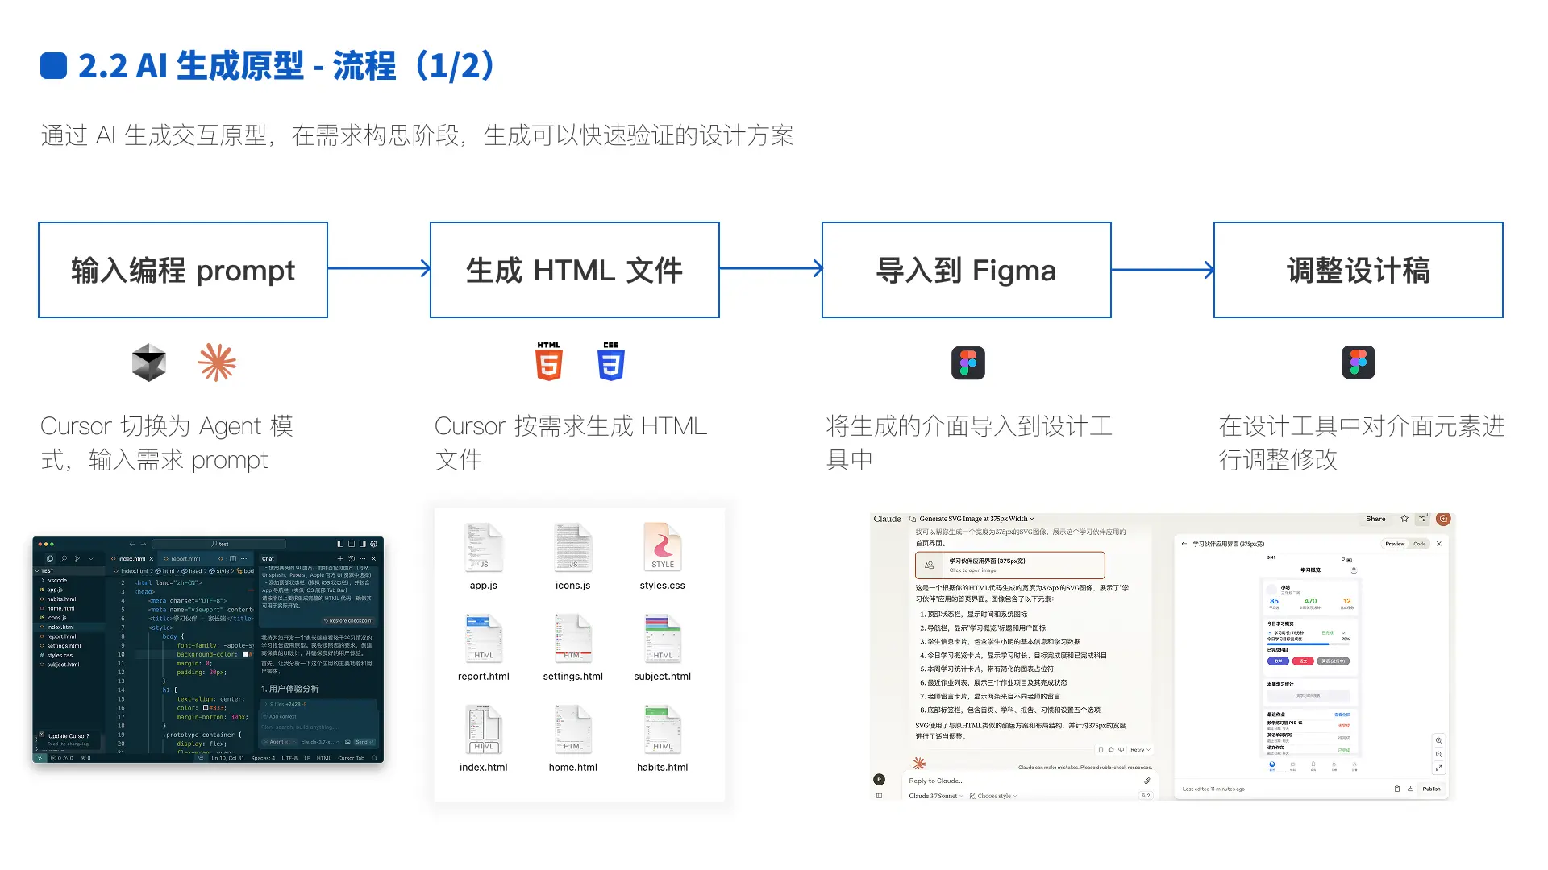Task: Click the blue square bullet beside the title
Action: (x=53, y=66)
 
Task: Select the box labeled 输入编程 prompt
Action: (x=183, y=270)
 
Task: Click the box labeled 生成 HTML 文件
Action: (x=574, y=270)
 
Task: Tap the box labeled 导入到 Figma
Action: (x=966, y=270)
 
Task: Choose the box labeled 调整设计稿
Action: (x=1358, y=270)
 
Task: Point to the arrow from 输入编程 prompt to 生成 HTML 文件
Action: (x=379, y=268)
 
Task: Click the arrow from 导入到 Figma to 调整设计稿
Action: (x=1162, y=270)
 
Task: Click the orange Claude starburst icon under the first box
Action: (x=217, y=362)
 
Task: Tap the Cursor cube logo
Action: (x=149, y=362)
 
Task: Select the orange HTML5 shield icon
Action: (x=549, y=362)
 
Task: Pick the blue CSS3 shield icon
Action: (x=611, y=362)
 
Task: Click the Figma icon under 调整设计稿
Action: (x=1358, y=362)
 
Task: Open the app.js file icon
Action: (x=484, y=548)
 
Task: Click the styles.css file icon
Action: (x=663, y=548)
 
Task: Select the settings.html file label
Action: (x=573, y=677)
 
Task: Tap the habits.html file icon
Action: (x=663, y=729)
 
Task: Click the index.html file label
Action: (x=484, y=768)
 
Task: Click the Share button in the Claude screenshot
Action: (x=1375, y=519)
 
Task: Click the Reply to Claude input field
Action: (x=1016, y=781)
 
